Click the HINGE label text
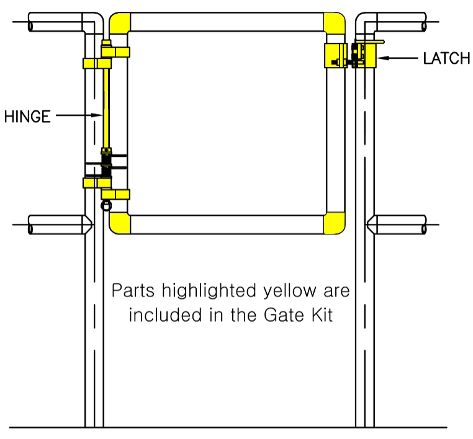tap(27, 117)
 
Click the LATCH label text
tap(446, 58)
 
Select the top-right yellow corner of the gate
tap(335, 22)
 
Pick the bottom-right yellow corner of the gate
tap(335, 224)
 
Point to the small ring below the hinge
tap(106, 206)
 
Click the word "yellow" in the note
tap(290, 291)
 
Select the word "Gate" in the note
tap(284, 315)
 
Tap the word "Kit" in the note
tap(322, 315)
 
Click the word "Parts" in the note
tap(133, 290)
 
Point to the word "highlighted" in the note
tap(209, 291)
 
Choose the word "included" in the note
tap(165, 315)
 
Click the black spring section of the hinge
tap(106, 165)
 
